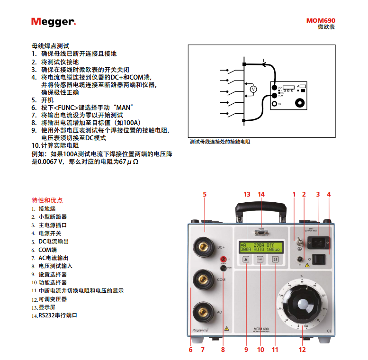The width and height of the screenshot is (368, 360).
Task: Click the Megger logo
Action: point(53,22)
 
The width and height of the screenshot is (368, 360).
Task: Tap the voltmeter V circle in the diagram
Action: point(253,89)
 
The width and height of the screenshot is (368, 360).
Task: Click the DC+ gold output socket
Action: point(204,247)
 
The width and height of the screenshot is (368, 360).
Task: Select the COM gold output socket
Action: point(204,279)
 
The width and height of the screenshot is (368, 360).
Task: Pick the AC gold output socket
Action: point(204,312)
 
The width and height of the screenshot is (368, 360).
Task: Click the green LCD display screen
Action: point(260,247)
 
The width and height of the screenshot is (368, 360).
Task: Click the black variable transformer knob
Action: point(304,306)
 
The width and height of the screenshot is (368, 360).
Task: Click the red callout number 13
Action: point(246,194)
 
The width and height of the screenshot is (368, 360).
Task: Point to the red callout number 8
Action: point(223,350)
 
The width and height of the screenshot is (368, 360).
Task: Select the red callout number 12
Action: point(302,350)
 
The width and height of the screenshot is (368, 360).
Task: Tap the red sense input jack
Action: point(223,259)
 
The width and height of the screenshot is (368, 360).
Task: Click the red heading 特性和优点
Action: point(47,200)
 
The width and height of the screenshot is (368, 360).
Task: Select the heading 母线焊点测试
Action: point(50,46)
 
